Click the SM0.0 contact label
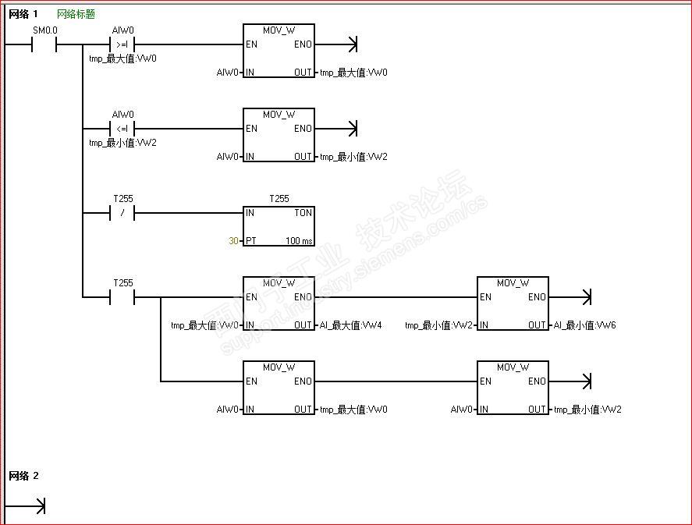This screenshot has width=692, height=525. pyautogui.click(x=44, y=30)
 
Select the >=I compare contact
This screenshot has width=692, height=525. pyautogui.click(x=122, y=44)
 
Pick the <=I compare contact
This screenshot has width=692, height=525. pyautogui.click(x=122, y=129)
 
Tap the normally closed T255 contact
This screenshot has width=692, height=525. pyautogui.click(x=122, y=213)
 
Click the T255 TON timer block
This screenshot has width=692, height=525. pyautogui.click(x=279, y=226)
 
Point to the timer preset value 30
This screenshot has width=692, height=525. pyautogui.click(x=233, y=241)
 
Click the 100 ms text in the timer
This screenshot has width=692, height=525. pyautogui.click(x=299, y=241)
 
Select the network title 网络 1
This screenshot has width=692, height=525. pyautogui.click(x=23, y=14)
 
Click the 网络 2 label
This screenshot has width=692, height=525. pyautogui.click(x=23, y=476)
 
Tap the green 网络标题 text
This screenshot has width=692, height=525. pyautogui.click(x=76, y=14)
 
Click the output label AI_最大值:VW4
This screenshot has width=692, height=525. pyautogui.click(x=350, y=325)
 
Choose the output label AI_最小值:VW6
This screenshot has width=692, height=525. pyautogui.click(x=584, y=325)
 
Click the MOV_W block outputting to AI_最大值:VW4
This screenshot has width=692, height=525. pyautogui.click(x=279, y=304)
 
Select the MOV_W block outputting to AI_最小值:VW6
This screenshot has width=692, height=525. pyautogui.click(x=513, y=304)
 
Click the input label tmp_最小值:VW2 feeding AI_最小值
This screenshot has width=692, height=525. pyautogui.click(x=438, y=325)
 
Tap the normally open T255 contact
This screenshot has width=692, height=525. pyautogui.click(x=122, y=297)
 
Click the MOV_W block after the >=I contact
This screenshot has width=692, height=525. pyautogui.click(x=279, y=51)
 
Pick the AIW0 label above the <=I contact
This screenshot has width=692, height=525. pyautogui.click(x=122, y=115)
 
